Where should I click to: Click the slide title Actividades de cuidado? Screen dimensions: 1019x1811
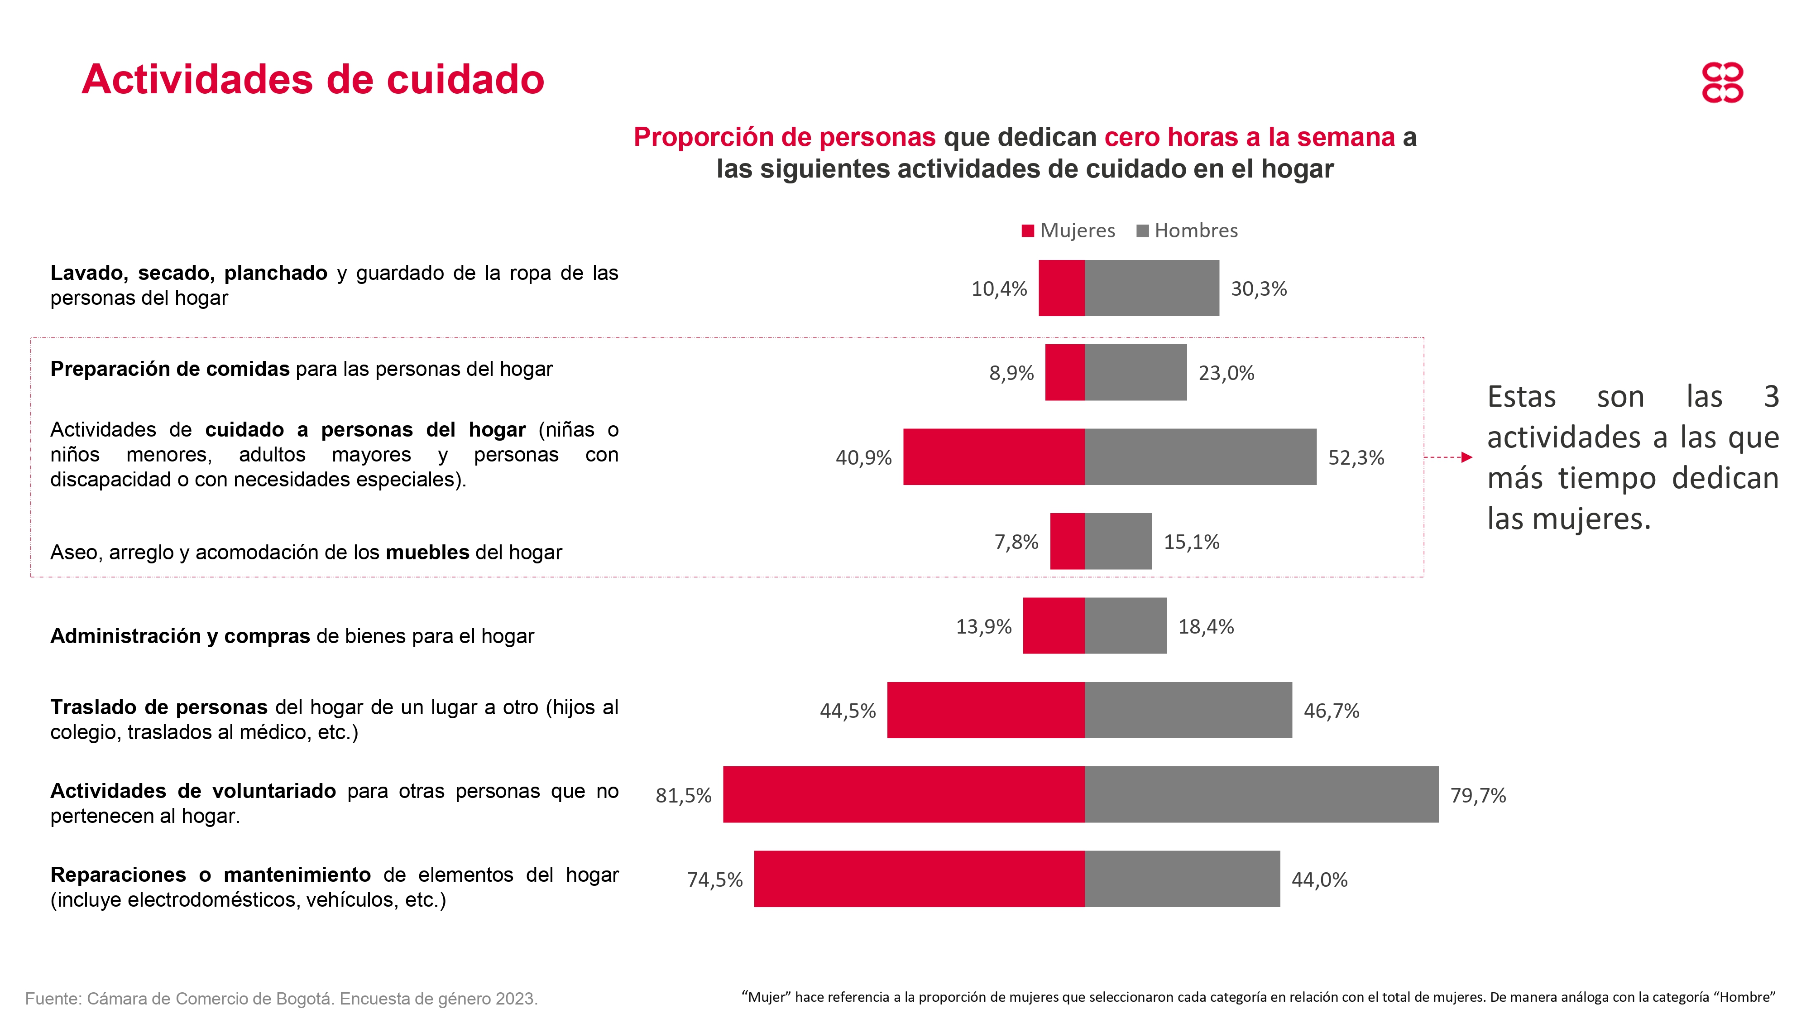[313, 79]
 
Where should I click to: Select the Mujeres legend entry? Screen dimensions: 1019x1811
[1068, 231]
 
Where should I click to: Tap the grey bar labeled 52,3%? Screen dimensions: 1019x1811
[1200, 457]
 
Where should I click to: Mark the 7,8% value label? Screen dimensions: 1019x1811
[1016, 542]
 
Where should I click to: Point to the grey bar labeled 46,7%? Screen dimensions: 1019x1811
[1188, 710]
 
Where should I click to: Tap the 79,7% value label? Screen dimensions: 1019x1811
[1478, 795]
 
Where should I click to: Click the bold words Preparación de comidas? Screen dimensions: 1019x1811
[169, 369]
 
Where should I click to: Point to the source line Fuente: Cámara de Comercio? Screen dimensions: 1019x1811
[281, 999]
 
